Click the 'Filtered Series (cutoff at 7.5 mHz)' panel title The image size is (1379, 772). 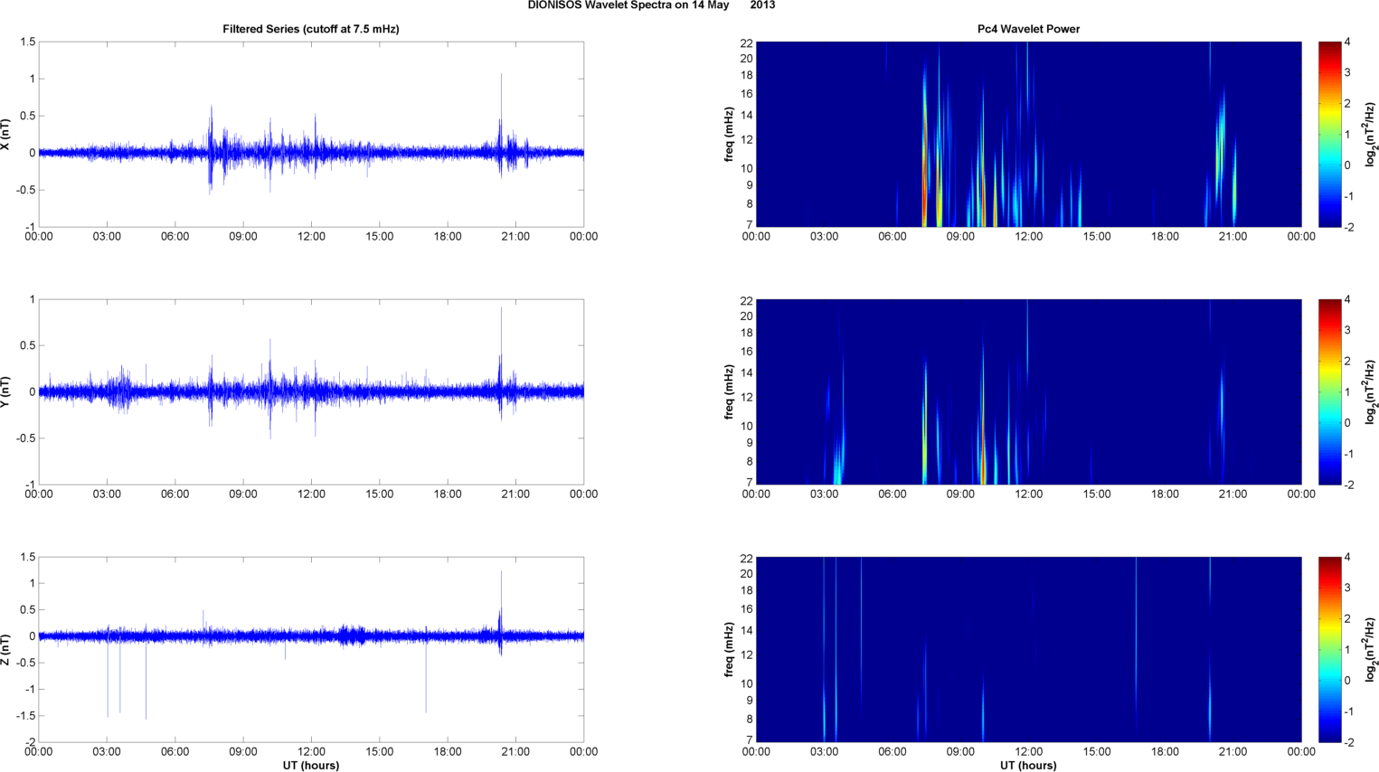(310, 29)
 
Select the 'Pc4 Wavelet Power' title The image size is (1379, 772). (1028, 29)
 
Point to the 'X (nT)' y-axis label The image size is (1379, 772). (5, 135)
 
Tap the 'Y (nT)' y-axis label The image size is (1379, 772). (5, 392)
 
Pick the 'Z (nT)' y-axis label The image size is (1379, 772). (5, 650)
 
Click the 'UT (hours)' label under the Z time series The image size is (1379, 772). (310, 766)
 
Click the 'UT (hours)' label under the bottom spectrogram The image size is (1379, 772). (1028, 766)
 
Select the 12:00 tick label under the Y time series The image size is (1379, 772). (311, 494)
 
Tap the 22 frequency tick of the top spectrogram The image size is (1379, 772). (746, 43)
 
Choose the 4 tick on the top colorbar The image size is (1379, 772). (1347, 42)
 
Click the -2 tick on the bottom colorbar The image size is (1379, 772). (1347, 742)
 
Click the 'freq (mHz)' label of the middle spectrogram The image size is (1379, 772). (729, 392)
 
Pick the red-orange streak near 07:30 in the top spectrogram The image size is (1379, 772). (924, 181)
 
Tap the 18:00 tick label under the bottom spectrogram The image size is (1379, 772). (1165, 752)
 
